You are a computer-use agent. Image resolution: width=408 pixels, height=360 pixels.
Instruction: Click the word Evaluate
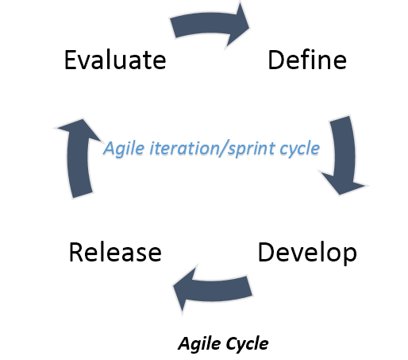pos(115,60)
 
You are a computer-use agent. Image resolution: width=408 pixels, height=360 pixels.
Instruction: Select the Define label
pos(307,60)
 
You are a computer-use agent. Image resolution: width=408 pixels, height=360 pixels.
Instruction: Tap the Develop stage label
pos(307,253)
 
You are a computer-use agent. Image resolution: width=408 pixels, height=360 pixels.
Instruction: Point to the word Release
pos(115,252)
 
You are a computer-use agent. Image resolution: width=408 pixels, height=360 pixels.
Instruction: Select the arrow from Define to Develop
pos(344,157)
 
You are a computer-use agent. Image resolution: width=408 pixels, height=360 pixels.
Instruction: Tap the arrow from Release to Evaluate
pos(77,159)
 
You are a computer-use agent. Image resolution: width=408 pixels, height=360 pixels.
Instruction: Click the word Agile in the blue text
pos(124,149)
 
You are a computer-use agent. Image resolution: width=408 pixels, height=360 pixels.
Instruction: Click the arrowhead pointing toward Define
pos(237,26)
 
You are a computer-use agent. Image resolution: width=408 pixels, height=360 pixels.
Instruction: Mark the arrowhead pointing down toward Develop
pos(343,184)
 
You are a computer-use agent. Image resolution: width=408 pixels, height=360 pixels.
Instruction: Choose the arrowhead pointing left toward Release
pos(184,288)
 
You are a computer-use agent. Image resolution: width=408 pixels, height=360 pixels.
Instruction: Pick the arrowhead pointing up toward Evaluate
pos(80,130)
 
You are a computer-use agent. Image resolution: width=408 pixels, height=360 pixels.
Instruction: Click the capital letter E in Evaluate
pos(71,60)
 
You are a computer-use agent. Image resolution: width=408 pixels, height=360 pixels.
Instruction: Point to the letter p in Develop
pos(351,256)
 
